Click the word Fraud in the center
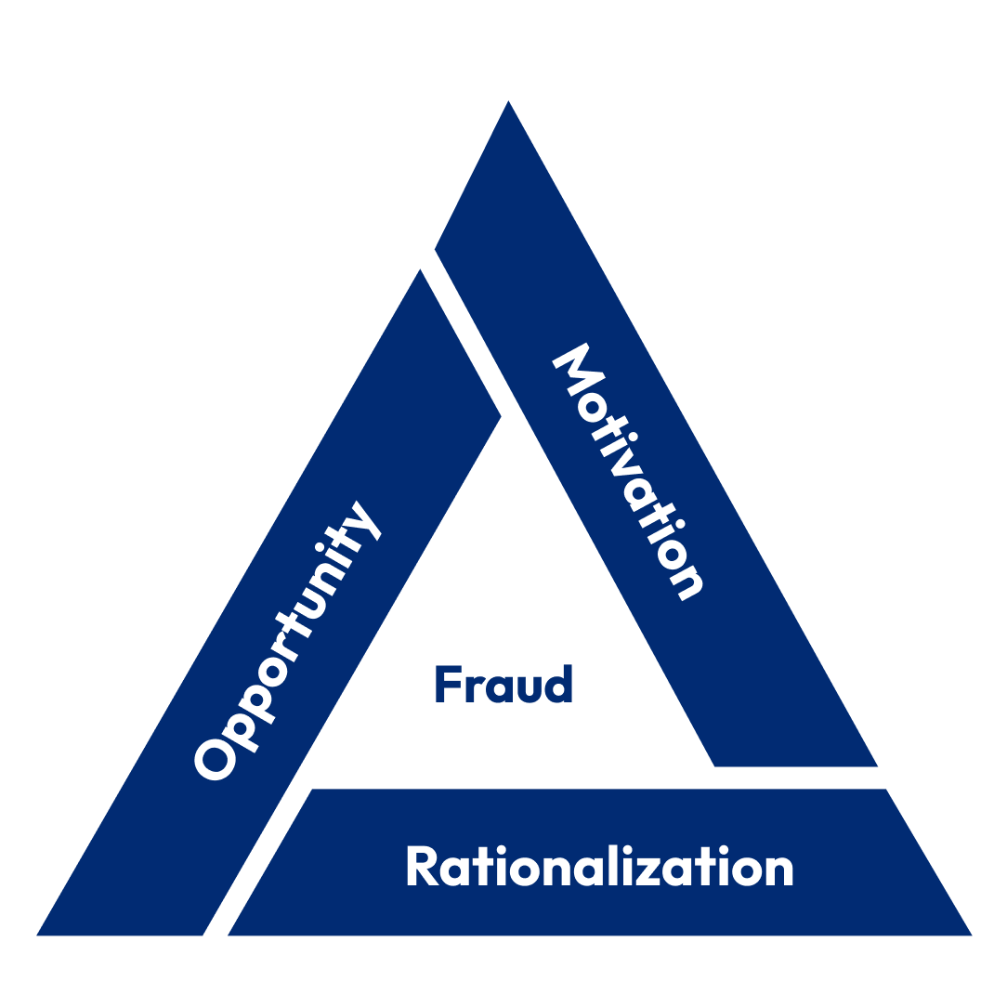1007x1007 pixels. (503, 685)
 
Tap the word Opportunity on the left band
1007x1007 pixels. (288, 641)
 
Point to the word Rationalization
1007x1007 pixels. (599, 867)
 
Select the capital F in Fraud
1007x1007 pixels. (447, 685)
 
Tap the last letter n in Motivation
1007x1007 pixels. (688, 581)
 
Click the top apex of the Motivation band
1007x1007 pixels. (508, 101)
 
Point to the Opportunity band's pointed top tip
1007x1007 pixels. (421, 269)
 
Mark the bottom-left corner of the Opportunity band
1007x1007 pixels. (38, 934)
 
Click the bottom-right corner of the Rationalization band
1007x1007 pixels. (971, 934)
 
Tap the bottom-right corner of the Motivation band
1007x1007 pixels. (876, 765)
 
